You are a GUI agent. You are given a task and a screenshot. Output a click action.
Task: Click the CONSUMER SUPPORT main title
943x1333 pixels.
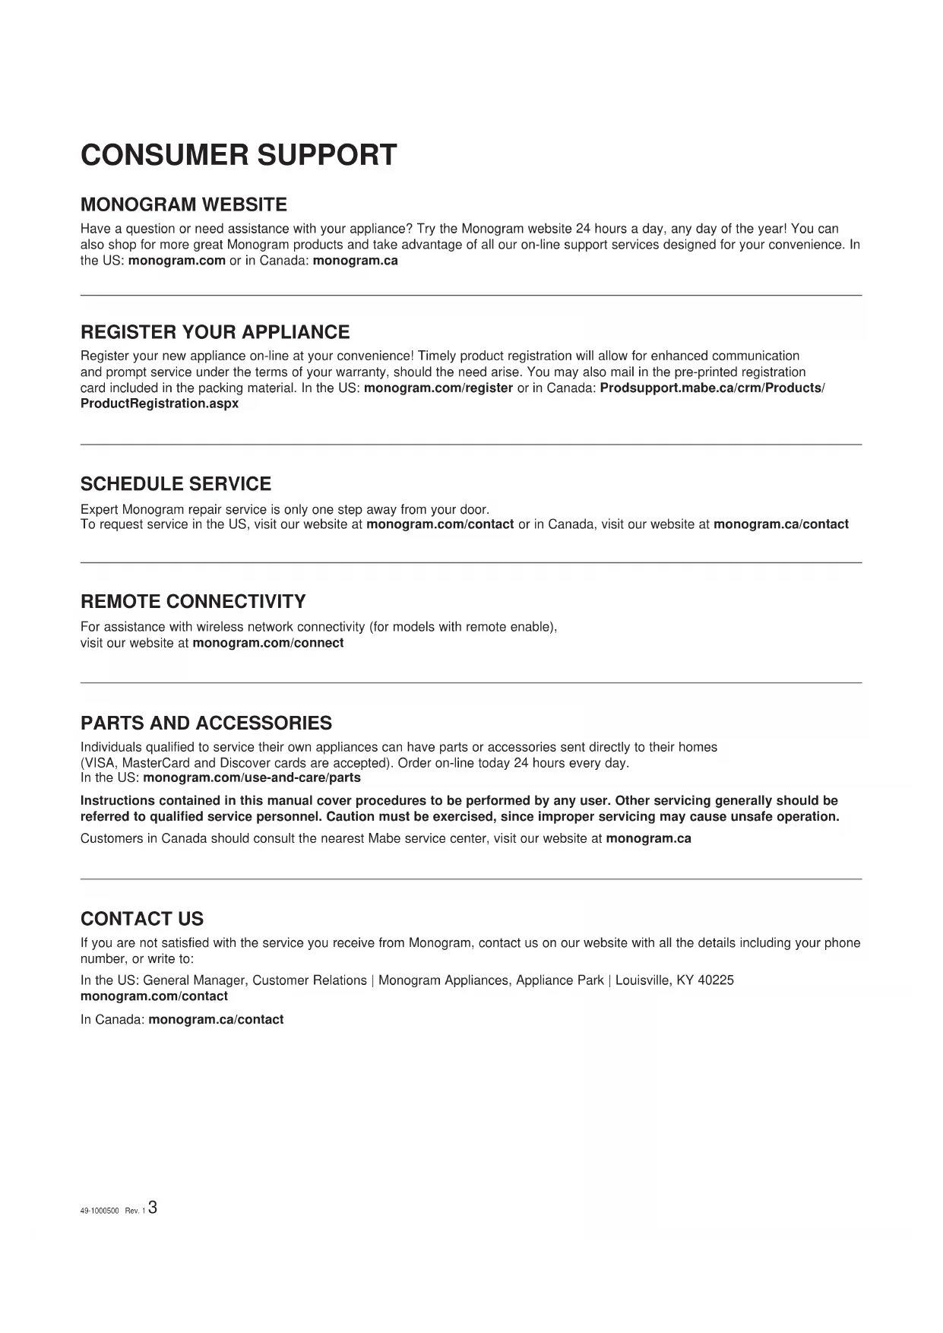[x=239, y=155]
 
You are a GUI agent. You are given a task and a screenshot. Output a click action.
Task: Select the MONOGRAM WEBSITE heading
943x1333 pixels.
[x=184, y=204]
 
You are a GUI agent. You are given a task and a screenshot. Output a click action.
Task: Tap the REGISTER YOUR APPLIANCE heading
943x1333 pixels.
[x=215, y=332]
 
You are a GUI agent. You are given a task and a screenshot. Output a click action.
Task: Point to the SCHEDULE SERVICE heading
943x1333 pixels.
[x=176, y=484]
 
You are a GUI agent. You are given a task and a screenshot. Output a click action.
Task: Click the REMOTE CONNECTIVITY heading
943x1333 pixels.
[x=193, y=602]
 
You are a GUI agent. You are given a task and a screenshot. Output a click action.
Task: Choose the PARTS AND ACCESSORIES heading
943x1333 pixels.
[x=206, y=723]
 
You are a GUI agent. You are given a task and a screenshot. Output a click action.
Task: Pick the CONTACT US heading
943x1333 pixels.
[x=142, y=919]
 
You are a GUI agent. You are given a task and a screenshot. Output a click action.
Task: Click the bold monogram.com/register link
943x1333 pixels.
[x=438, y=388]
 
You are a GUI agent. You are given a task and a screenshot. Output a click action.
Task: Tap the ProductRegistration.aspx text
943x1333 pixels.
[x=160, y=404]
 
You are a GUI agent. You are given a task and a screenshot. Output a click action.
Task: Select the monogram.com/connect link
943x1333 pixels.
[x=268, y=643]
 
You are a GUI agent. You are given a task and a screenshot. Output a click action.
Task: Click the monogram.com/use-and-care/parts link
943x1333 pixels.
[x=252, y=778]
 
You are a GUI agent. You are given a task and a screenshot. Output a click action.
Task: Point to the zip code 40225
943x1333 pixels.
[x=716, y=980]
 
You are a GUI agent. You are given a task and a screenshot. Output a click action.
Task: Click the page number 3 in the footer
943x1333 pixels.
[x=153, y=1208]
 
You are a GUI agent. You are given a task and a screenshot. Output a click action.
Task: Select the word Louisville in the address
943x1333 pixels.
[x=643, y=980]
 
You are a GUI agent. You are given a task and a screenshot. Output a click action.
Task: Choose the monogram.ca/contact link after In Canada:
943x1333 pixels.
[x=216, y=1020]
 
